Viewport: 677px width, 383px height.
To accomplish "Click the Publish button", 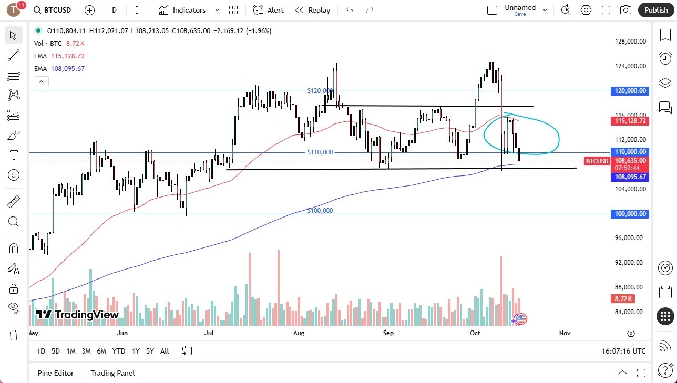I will coord(655,10).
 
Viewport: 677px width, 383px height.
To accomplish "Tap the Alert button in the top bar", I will coord(268,10).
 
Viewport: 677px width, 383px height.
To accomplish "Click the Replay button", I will coord(313,10).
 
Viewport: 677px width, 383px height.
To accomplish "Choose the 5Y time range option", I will coord(150,351).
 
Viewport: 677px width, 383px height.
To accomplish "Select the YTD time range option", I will coord(119,351).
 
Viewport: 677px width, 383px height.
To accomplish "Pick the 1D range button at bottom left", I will coord(41,351).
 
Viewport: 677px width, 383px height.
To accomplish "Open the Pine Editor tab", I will coord(56,373).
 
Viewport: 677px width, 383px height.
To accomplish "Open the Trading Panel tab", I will coord(112,373).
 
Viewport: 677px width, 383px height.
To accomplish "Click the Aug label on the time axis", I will coord(299,333).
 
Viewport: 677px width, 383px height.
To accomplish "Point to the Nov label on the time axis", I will coord(565,333).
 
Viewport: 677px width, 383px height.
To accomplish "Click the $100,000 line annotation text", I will coord(320,211).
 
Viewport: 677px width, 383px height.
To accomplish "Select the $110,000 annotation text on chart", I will coord(320,152).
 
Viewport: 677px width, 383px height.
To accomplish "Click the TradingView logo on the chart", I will coord(77,315).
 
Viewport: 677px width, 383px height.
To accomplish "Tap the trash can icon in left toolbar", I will coord(14,335).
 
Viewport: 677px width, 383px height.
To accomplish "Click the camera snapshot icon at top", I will coord(625,10).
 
